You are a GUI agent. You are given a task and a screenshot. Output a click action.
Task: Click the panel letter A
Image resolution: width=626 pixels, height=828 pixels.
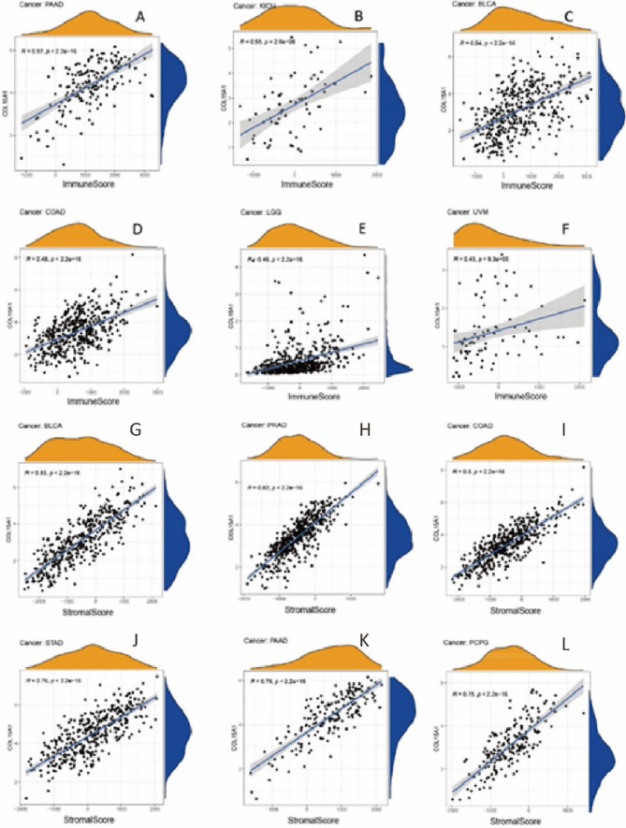pyautogui.click(x=140, y=17)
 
